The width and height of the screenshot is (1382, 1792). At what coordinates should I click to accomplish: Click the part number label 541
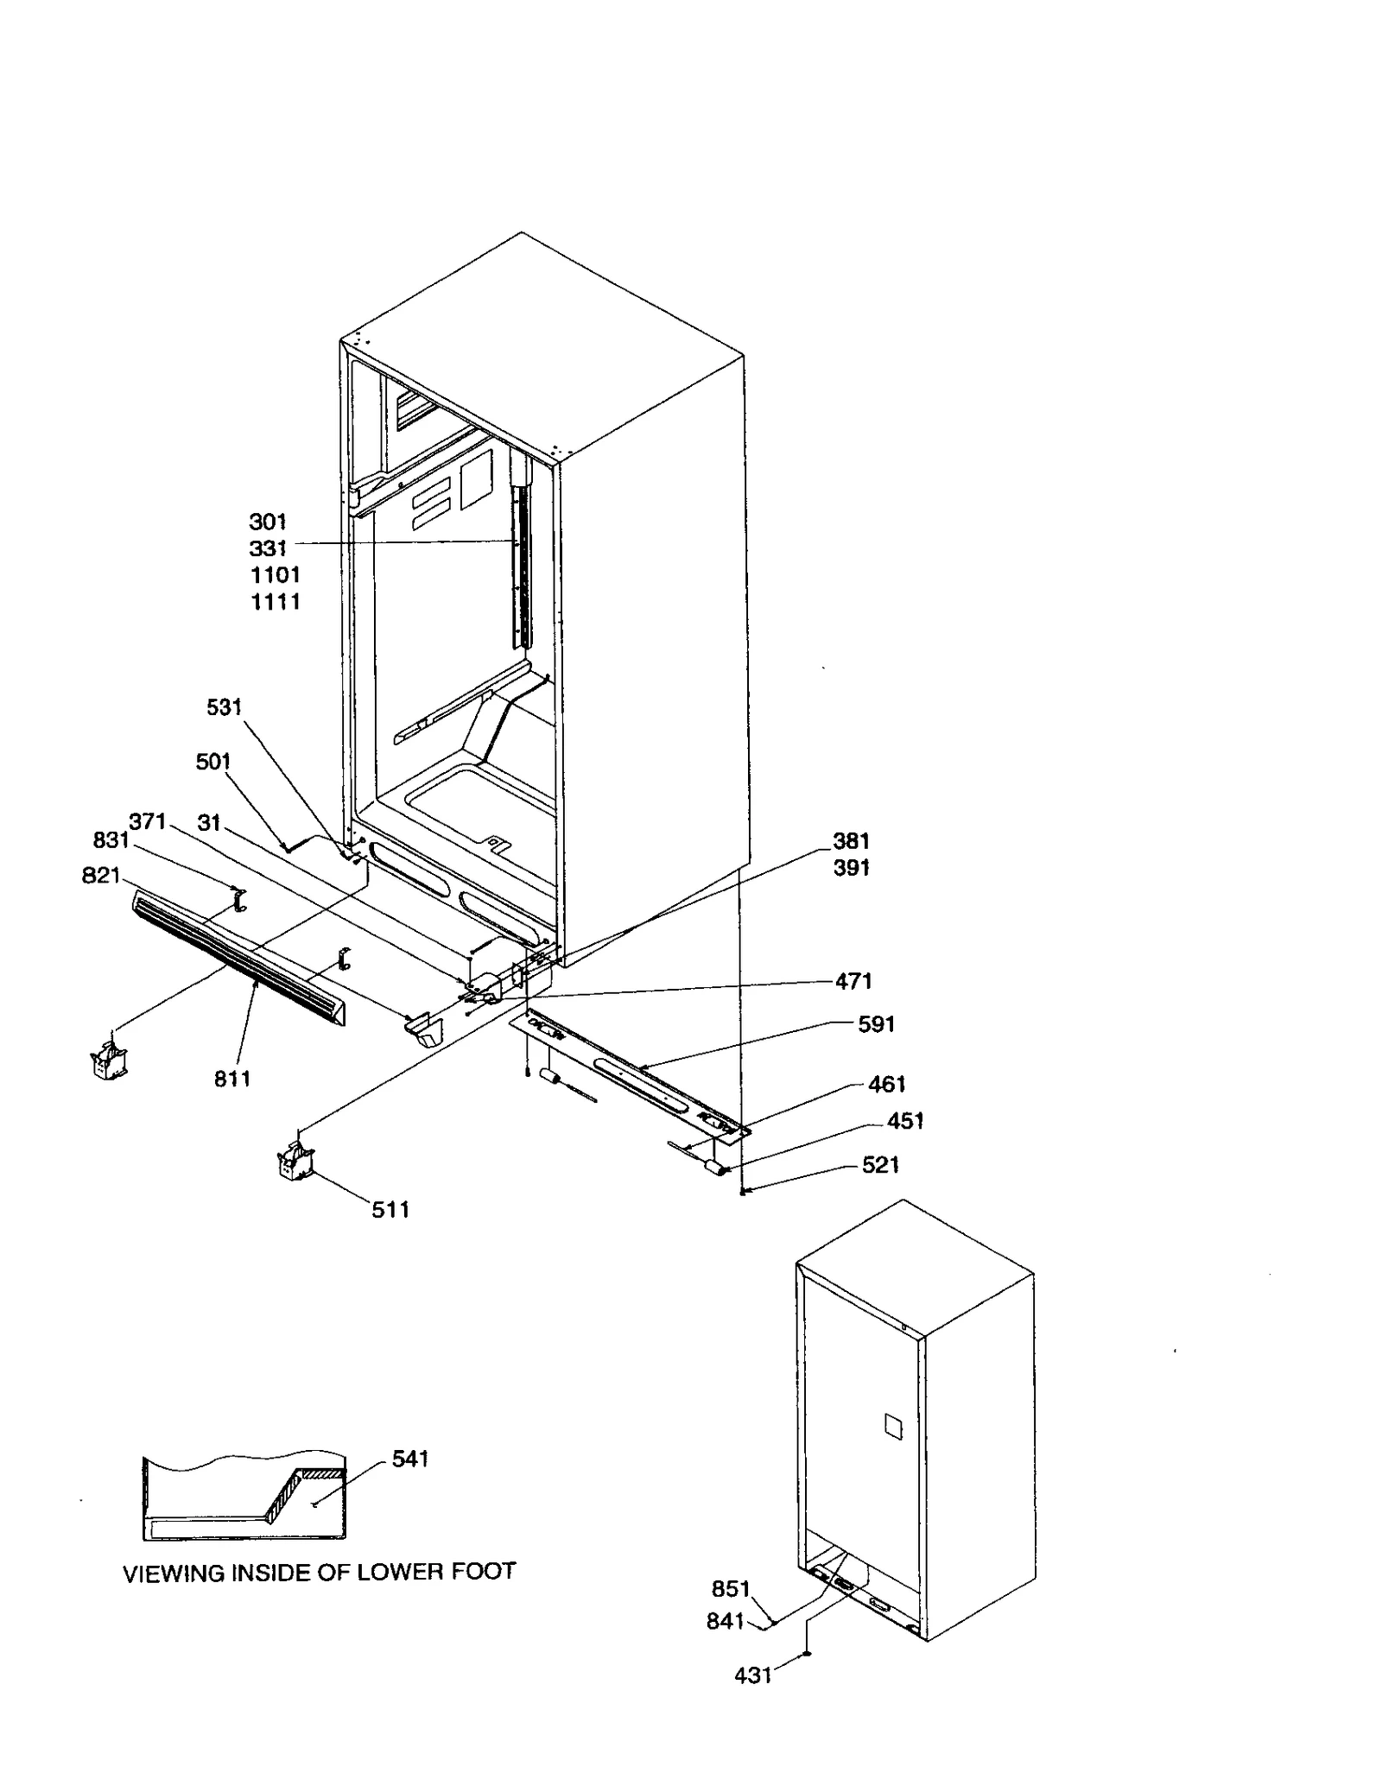410,1459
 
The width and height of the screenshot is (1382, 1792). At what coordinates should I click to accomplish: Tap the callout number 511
390,1210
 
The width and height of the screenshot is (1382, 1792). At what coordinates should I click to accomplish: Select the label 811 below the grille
232,1079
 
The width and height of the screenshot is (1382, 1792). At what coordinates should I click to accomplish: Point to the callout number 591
876,1024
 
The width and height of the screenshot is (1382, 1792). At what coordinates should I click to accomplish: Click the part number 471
853,981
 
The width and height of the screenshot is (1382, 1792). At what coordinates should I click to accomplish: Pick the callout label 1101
276,575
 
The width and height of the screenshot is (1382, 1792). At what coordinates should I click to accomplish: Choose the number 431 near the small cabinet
752,1675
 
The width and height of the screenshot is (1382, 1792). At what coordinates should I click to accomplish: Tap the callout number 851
731,1589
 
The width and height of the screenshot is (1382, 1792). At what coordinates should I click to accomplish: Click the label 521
881,1165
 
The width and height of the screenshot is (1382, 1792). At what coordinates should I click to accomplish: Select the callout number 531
225,707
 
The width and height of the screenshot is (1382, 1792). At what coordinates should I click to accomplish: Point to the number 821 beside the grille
100,876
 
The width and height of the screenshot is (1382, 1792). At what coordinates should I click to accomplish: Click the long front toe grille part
238,959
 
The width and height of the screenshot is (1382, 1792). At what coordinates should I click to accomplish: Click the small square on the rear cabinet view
892,1426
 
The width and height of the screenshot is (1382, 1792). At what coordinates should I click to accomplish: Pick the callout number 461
886,1085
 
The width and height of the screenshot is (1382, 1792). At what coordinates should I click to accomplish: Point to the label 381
851,841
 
